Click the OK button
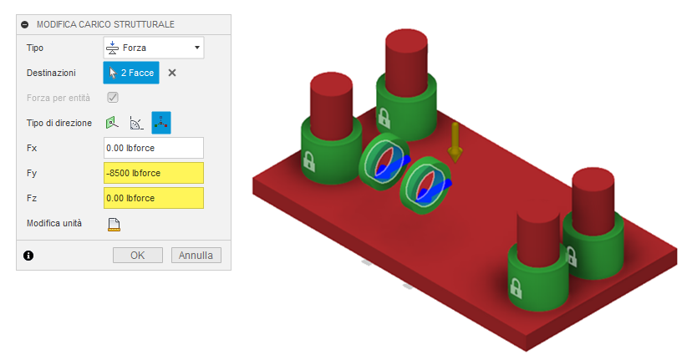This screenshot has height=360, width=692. pos(138,255)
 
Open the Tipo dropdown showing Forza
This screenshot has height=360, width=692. pos(154,48)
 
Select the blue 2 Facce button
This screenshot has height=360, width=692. pos(131,73)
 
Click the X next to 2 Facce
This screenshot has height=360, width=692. pos(172,73)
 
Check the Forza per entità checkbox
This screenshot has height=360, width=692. pos(113,98)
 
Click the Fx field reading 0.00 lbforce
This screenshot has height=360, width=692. pos(154,148)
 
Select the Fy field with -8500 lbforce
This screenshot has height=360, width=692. pos(154,173)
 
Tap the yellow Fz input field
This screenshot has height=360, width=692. pos(154,198)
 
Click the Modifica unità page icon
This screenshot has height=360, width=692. pos(114,224)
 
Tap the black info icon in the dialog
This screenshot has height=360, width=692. pos(28,256)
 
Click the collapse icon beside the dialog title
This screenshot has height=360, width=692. pos(25,25)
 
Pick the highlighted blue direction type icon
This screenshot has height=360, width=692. pos(160,123)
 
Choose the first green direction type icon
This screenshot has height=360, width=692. pos(113,123)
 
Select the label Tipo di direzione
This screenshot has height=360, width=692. pos(59,123)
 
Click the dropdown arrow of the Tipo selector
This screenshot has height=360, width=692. pos(196,48)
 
